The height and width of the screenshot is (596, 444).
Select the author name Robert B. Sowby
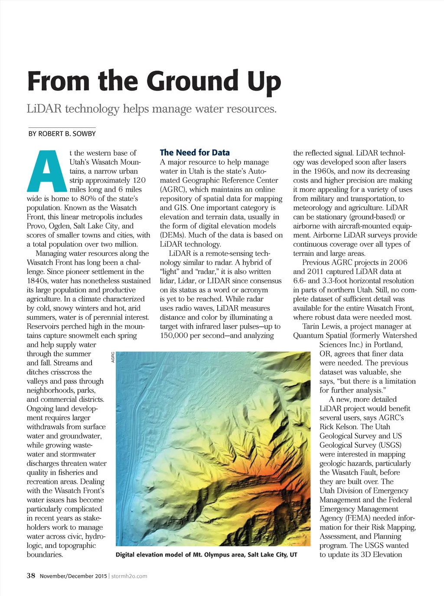click(x=67, y=134)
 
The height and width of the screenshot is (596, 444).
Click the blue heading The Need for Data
click(x=195, y=152)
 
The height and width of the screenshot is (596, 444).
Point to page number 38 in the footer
click(x=31, y=576)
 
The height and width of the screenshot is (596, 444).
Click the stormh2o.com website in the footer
click(x=129, y=576)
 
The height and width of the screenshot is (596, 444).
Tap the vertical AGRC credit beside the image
click(x=113, y=357)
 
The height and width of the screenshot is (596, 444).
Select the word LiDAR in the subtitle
click(x=44, y=108)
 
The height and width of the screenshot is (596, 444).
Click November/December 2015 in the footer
click(x=73, y=576)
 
